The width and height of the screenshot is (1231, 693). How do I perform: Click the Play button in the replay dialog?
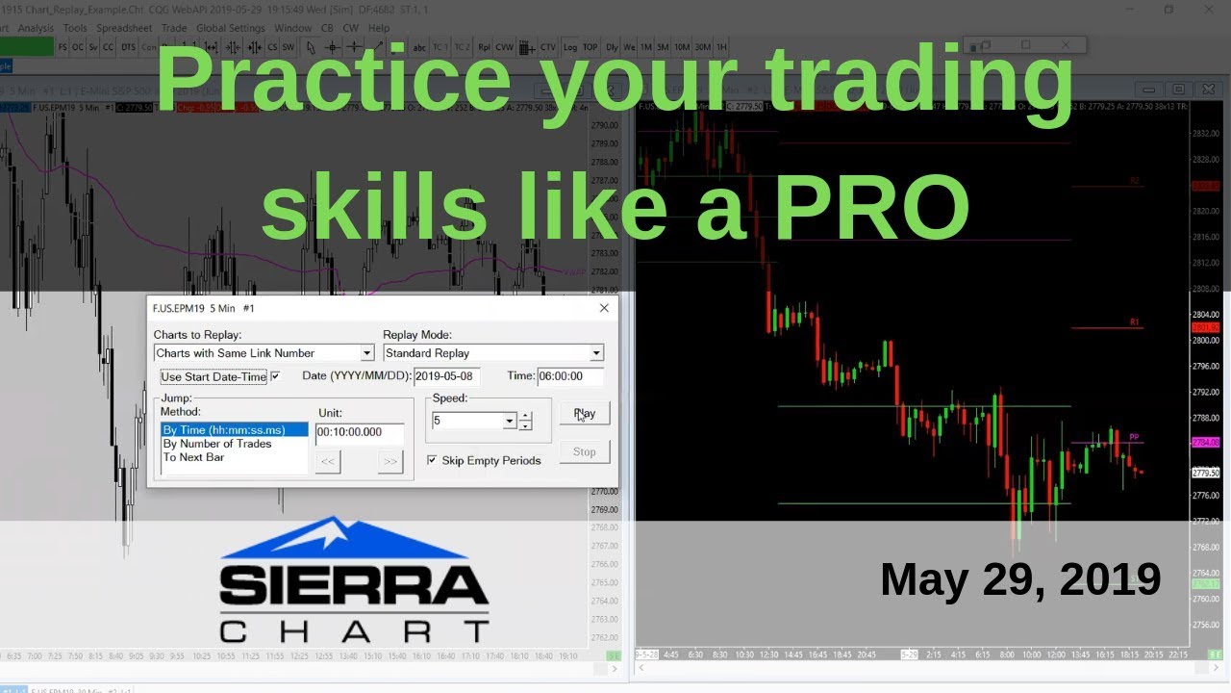coord(585,413)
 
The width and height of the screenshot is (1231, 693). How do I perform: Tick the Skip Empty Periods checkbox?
coord(432,460)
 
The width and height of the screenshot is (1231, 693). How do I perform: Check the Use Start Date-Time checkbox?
coord(276,376)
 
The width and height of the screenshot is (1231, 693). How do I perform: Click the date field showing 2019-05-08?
coord(446,376)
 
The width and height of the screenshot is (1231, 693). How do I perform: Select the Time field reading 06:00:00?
coord(570,376)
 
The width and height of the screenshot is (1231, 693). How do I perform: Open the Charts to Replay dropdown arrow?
coord(366,353)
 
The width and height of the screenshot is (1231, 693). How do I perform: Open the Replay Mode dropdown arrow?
coord(596,353)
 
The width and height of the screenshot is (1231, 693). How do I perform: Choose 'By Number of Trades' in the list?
coord(217,444)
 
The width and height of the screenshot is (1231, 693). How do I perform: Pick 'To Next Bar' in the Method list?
coord(193,457)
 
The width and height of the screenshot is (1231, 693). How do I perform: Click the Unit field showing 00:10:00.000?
coord(360,432)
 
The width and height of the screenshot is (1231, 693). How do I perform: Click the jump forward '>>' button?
coord(389,462)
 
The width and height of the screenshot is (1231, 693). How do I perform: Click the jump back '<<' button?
coord(328,462)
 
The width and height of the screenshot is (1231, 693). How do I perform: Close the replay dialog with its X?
coord(604,308)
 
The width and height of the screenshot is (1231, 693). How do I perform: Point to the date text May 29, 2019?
coord(1020,579)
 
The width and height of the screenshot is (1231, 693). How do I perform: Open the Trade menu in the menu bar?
coord(174,28)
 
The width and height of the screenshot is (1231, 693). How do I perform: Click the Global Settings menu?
coord(231,28)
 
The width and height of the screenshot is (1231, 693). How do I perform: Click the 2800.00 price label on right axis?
coord(1205,341)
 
